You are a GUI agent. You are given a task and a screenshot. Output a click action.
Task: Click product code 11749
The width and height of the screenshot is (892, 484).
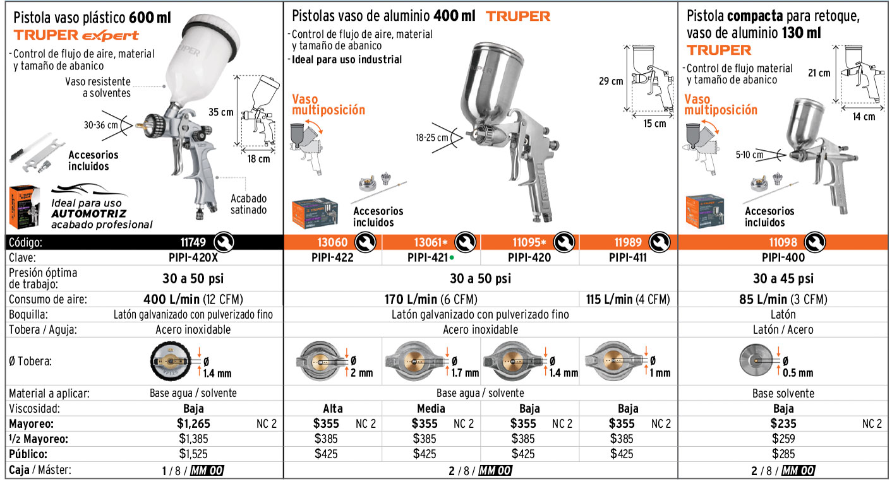pos(193,242)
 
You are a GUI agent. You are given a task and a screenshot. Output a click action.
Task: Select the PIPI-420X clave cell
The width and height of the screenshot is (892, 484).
pos(193,257)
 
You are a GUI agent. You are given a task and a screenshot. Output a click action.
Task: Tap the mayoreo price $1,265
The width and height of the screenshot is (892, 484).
pos(193,423)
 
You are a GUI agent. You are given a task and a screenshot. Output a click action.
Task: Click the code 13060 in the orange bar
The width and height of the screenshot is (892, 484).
pos(332,242)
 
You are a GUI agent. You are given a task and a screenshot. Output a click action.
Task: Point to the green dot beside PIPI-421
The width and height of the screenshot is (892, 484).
pos(452,257)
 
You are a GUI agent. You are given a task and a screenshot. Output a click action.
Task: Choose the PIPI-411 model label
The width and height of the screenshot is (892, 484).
pos(627,257)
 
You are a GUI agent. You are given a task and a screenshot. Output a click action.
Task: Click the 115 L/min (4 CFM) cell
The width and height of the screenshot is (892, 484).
pos(628,299)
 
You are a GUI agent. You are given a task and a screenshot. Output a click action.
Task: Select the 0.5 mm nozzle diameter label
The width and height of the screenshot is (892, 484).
pos(798,373)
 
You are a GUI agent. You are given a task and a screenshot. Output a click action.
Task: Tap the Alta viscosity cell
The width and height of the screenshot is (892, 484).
pos(332,408)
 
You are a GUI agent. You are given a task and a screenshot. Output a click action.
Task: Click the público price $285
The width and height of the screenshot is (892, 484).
pos(783,454)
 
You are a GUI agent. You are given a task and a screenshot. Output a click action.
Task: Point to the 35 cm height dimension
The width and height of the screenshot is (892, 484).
pos(220,112)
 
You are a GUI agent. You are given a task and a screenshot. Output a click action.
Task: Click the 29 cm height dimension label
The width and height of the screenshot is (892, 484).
pos(611,81)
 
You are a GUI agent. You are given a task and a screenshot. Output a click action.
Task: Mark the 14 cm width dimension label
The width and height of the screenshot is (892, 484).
pos(864,117)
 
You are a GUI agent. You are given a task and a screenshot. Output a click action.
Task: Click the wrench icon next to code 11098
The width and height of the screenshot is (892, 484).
pos(815,242)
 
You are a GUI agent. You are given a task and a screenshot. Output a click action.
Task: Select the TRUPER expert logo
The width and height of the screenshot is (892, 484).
pos(76,35)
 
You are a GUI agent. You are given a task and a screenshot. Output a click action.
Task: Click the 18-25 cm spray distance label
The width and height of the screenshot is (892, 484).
pos(432,138)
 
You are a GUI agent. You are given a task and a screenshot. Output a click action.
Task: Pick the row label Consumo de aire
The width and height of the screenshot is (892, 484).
pos(48,299)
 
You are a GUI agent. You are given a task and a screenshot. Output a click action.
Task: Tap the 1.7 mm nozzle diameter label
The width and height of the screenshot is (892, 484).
pos(465,373)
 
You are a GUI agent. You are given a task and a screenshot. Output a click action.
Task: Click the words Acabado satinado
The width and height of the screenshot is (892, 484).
pos(248,204)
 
